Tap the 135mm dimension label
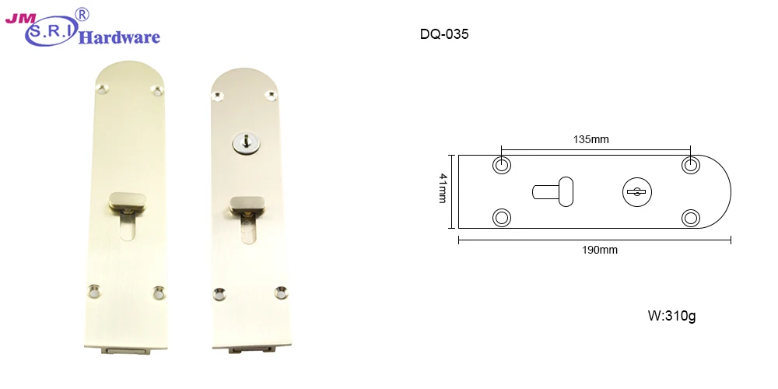coord(591,139)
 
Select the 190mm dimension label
coord(599,250)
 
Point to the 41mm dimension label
coord(443,188)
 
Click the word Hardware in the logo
coord(120,37)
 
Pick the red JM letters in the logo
coord(17,18)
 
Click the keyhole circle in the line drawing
coord(636,191)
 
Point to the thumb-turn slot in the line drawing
coord(555,191)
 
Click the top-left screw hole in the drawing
coord(503,165)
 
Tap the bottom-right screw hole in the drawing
coord(690,217)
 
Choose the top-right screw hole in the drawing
coord(690,165)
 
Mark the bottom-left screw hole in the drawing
coord(503,217)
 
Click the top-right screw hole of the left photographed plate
coord(158,92)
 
